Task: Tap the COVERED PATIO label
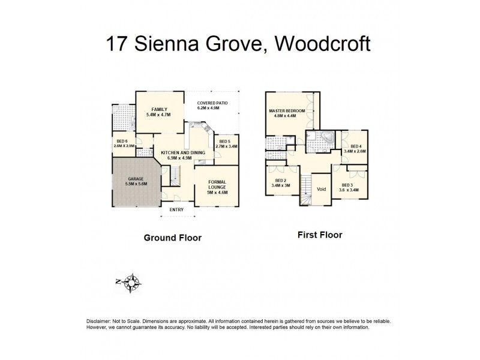point(213,103)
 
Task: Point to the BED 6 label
point(122,141)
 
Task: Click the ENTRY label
point(176,209)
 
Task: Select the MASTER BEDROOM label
point(287,111)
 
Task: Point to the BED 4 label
point(356,146)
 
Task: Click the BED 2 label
point(281,180)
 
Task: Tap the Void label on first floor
point(322,190)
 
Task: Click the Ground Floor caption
point(172,238)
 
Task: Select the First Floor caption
point(320,235)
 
